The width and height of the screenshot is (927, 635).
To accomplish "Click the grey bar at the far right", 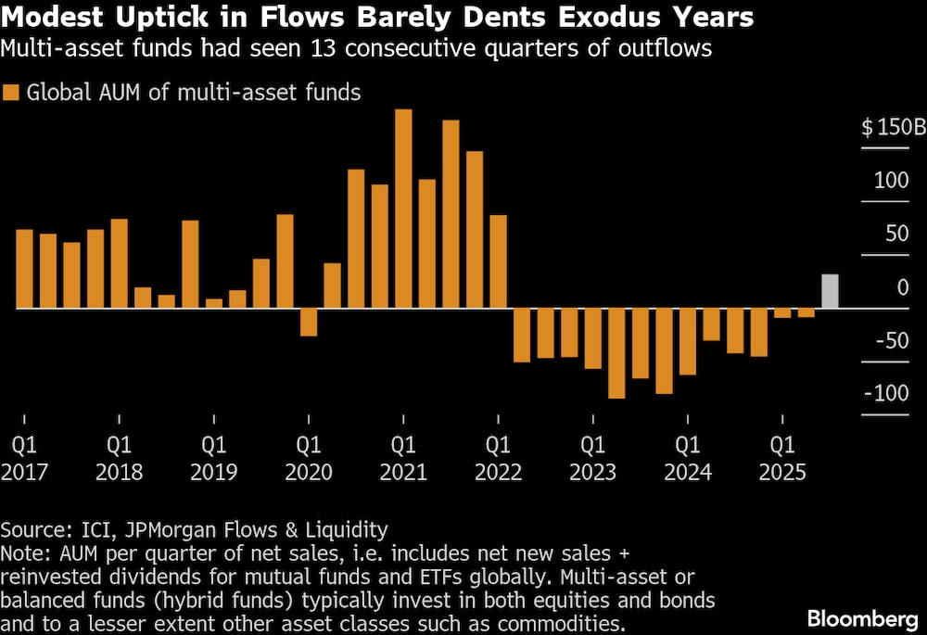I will pyautogui.click(x=831, y=291).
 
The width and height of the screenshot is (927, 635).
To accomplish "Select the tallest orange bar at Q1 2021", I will pyautogui.click(x=403, y=209).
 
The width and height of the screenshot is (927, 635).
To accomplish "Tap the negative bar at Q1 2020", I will pyautogui.click(x=309, y=322).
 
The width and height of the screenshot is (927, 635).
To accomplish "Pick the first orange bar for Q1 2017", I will pyautogui.click(x=25, y=268).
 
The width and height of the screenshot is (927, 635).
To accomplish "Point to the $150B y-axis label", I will pyautogui.click(x=894, y=127).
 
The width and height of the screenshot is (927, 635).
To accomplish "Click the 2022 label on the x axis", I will pyautogui.click(x=498, y=472).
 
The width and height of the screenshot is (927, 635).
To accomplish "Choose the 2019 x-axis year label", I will pyautogui.click(x=213, y=472).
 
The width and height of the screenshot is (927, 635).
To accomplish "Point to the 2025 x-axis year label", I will pyautogui.click(x=782, y=472).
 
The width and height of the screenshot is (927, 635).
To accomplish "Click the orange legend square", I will pyautogui.click(x=11, y=92).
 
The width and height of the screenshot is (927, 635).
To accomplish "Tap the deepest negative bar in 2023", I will pyautogui.click(x=616, y=353).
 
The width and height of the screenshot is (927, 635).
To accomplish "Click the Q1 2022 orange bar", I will pyautogui.click(x=498, y=261).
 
